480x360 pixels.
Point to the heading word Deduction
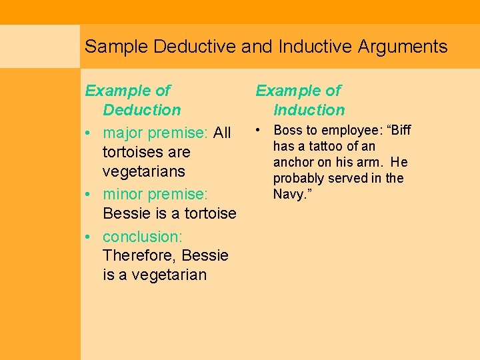(x=142, y=110)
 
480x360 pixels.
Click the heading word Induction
(x=309, y=110)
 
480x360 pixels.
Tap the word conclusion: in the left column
(x=143, y=237)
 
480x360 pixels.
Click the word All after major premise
(x=222, y=133)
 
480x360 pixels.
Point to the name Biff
(x=398, y=130)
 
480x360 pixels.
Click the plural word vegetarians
(x=144, y=171)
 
